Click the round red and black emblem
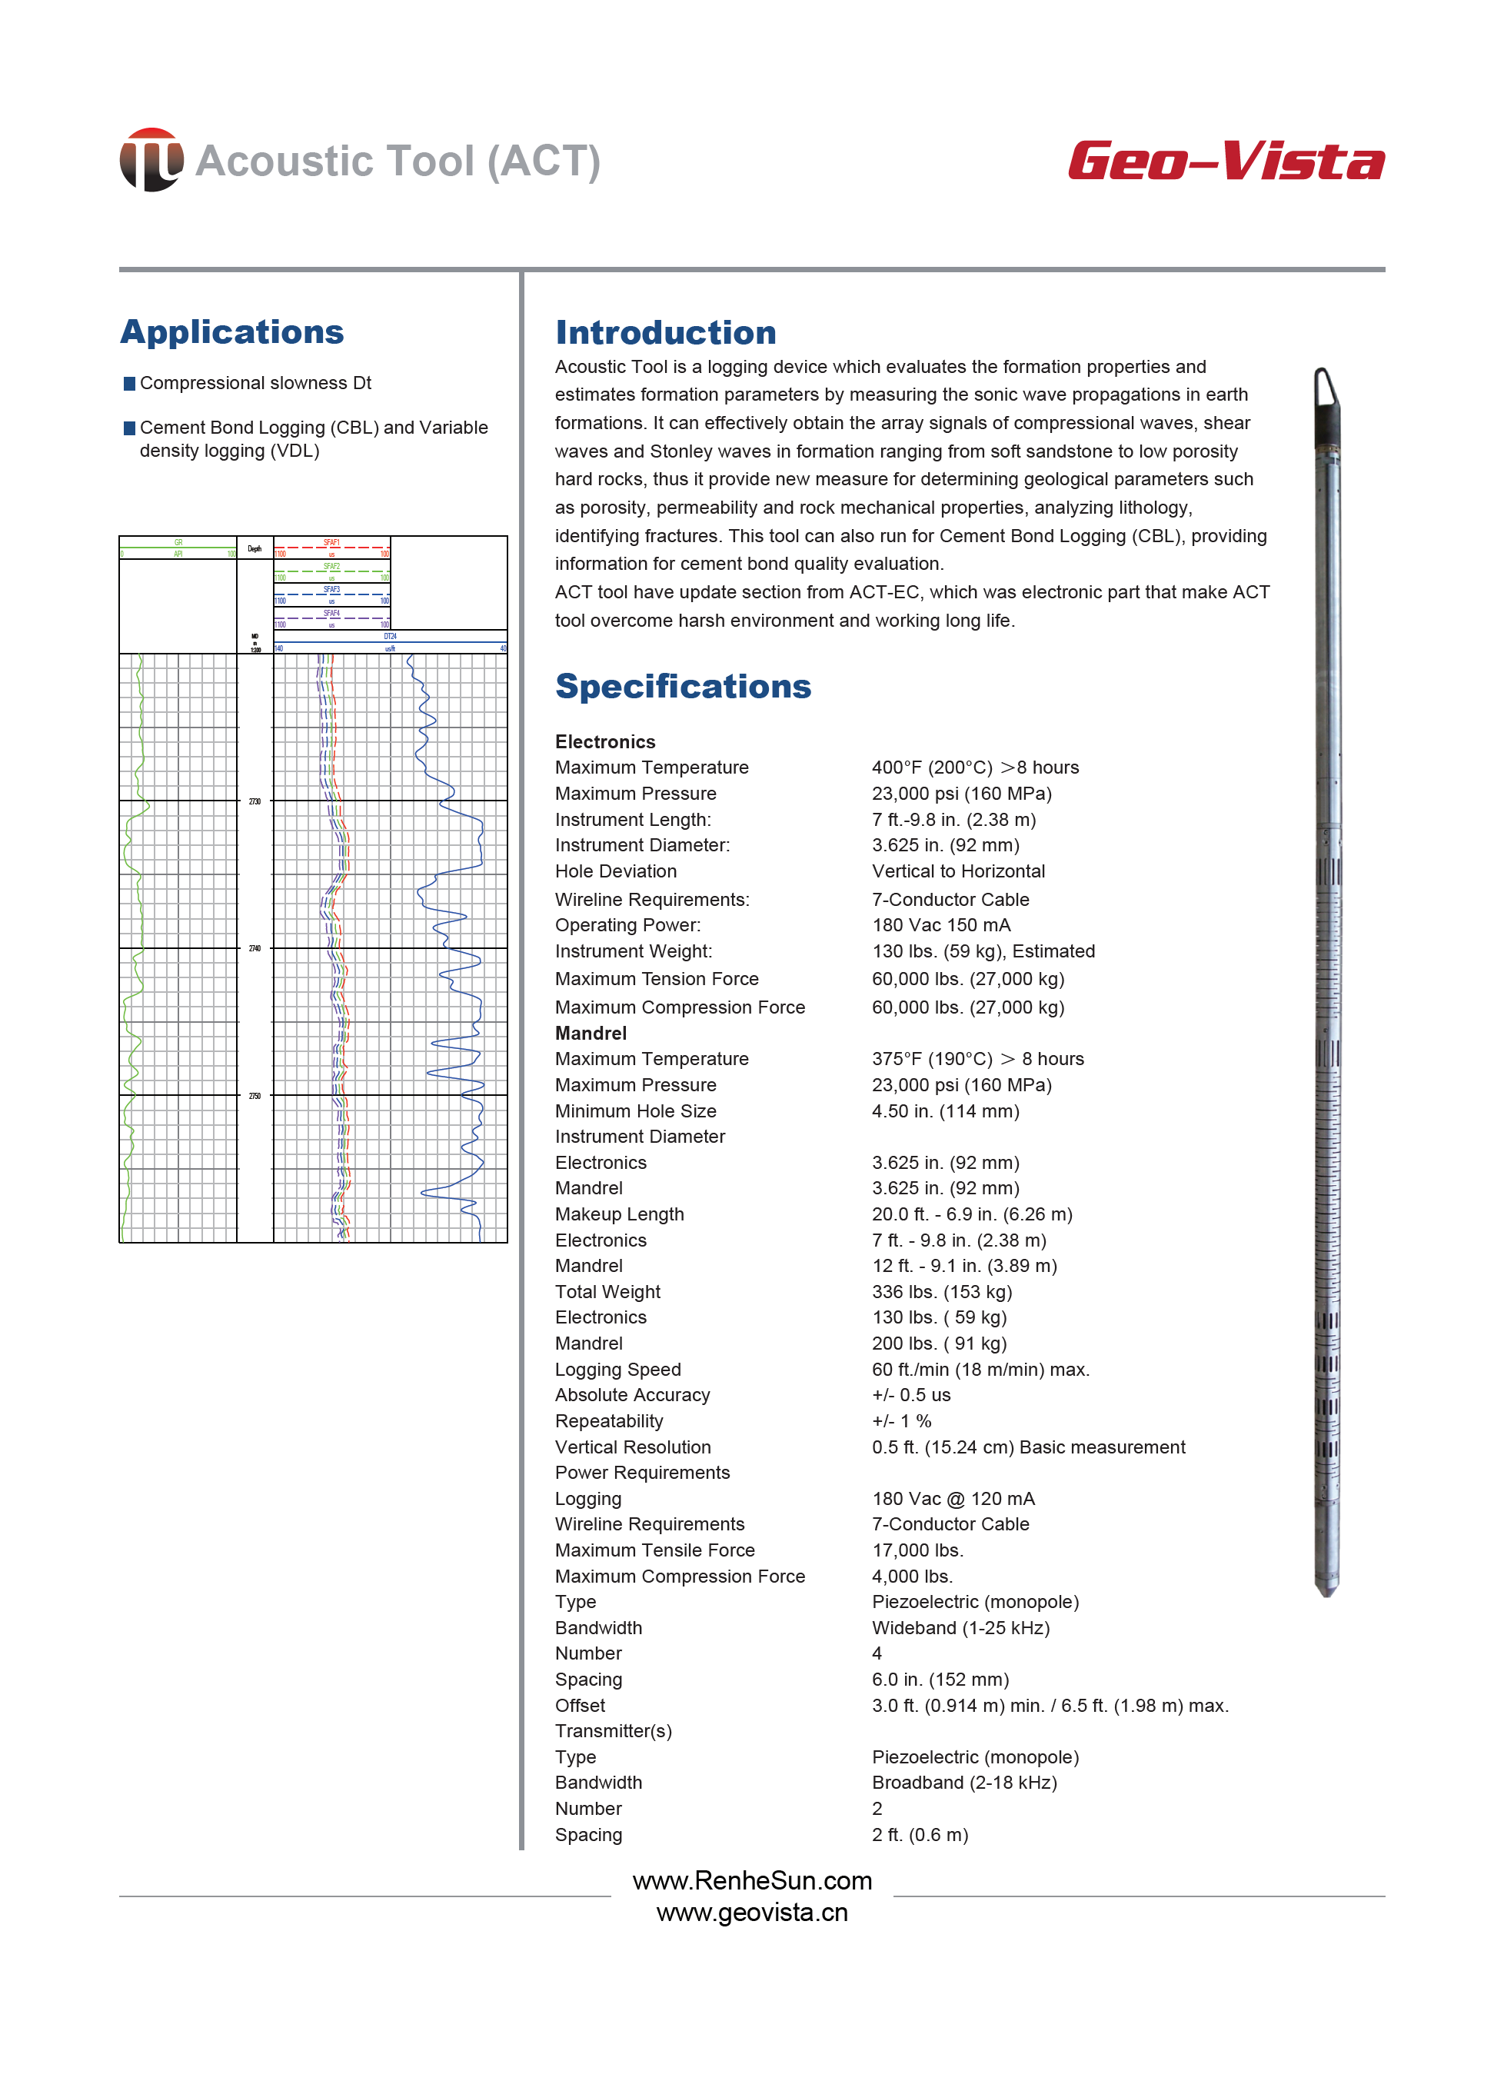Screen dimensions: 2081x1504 tap(151, 160)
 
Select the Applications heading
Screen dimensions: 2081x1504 tap(232, 332)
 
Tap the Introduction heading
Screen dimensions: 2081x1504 tap(665, 333)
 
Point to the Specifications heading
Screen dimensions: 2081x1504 tap(683, 686)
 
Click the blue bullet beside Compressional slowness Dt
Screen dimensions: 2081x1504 tap(129, 384)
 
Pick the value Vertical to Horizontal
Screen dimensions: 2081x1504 tap(958, 871)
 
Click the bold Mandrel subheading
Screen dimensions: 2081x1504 tap(590, 1033)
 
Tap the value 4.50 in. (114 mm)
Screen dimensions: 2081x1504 tap(945, 1111)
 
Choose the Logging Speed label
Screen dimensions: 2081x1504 tap(617, 1369)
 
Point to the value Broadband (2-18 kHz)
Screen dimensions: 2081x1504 tap(963, 1782)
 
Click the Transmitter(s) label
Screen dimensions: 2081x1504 tap(613, 1730)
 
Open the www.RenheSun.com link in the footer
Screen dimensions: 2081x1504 tap(751, 1881)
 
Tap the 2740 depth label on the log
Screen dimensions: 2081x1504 tap(255, 947)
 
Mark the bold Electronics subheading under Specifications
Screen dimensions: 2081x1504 tap(604, 741)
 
